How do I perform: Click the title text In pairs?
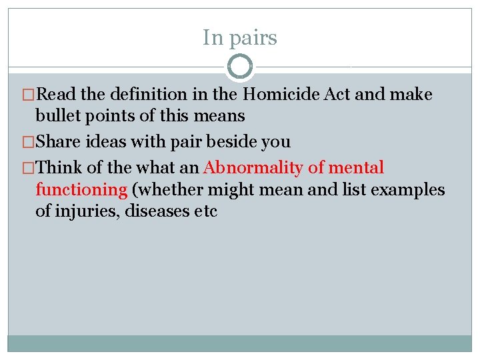[240, 38]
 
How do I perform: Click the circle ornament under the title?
[240, 67]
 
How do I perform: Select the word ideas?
[114, 141]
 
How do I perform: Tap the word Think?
[65, 167]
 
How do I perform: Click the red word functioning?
[81, 189]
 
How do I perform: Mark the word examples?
[407, 189]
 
